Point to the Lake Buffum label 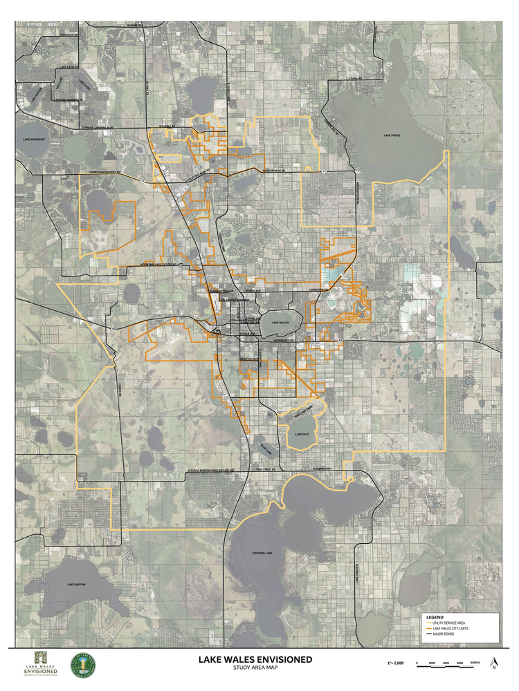tap(76, 585)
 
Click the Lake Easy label tap(301, 434)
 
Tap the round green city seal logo tap(84, 666)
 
